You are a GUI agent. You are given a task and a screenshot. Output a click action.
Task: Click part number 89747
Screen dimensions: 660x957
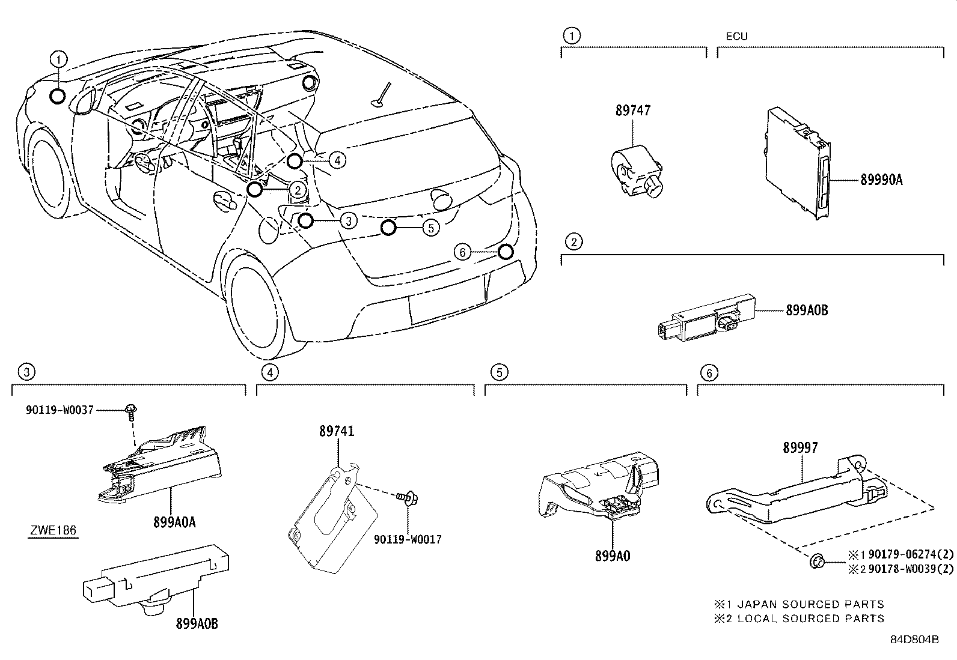tap(632, 111)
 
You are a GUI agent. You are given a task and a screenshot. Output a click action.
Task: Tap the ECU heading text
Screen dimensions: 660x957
tap(736, 36)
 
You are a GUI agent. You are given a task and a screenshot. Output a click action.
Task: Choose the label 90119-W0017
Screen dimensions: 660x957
tap(408, 539)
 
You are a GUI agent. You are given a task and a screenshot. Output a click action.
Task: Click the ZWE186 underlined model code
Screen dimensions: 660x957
tap(52, 531)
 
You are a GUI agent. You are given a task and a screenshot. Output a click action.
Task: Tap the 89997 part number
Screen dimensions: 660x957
tap(800, 447)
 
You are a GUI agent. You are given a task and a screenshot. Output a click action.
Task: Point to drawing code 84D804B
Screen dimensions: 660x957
tap(914, 639)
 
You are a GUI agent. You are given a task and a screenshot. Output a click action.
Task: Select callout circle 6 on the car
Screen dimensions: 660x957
tap(462, 252)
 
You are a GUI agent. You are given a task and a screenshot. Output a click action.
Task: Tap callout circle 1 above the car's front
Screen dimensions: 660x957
tap(58, 59)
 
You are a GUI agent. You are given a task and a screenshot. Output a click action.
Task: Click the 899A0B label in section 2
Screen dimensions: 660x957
tap(807, 310)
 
